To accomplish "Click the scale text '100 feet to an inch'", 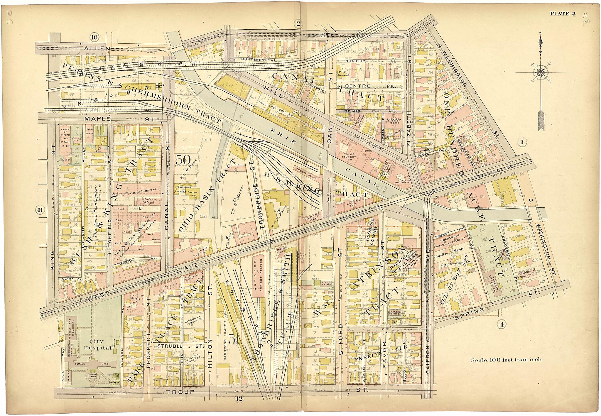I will click(x=506, y=359).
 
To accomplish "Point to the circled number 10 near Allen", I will click(x=94, y=37).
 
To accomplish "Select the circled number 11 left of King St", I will click(x=40, y=210).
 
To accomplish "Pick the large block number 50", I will click(x=183, y=160).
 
